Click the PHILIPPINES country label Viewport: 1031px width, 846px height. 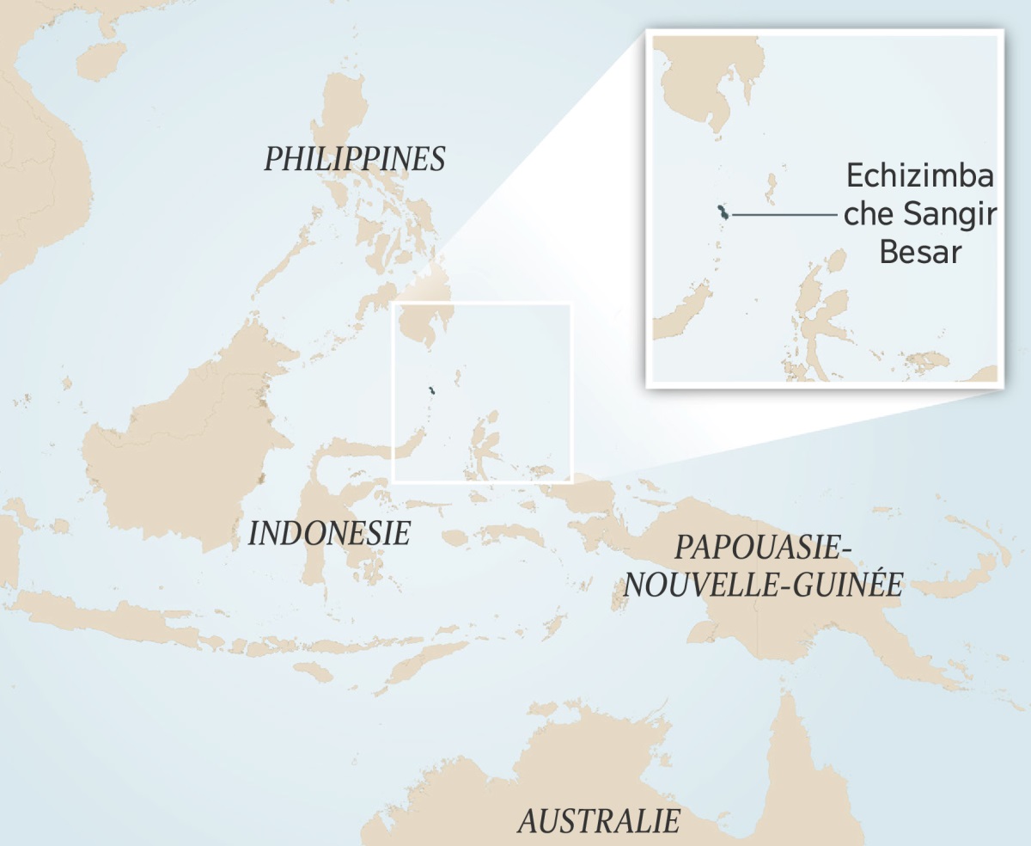(354, 159)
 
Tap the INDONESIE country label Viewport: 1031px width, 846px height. (329, 533)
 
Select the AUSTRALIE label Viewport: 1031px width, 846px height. (598, 821)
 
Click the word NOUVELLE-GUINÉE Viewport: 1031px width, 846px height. (763, 585)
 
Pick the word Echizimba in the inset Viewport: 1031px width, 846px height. (920, 176)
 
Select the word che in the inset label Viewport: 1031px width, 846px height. (869, 215)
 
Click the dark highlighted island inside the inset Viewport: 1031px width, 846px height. (723, 213)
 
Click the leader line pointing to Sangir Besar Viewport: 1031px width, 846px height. (782, 214)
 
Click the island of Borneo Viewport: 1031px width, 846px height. (189, 447)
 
